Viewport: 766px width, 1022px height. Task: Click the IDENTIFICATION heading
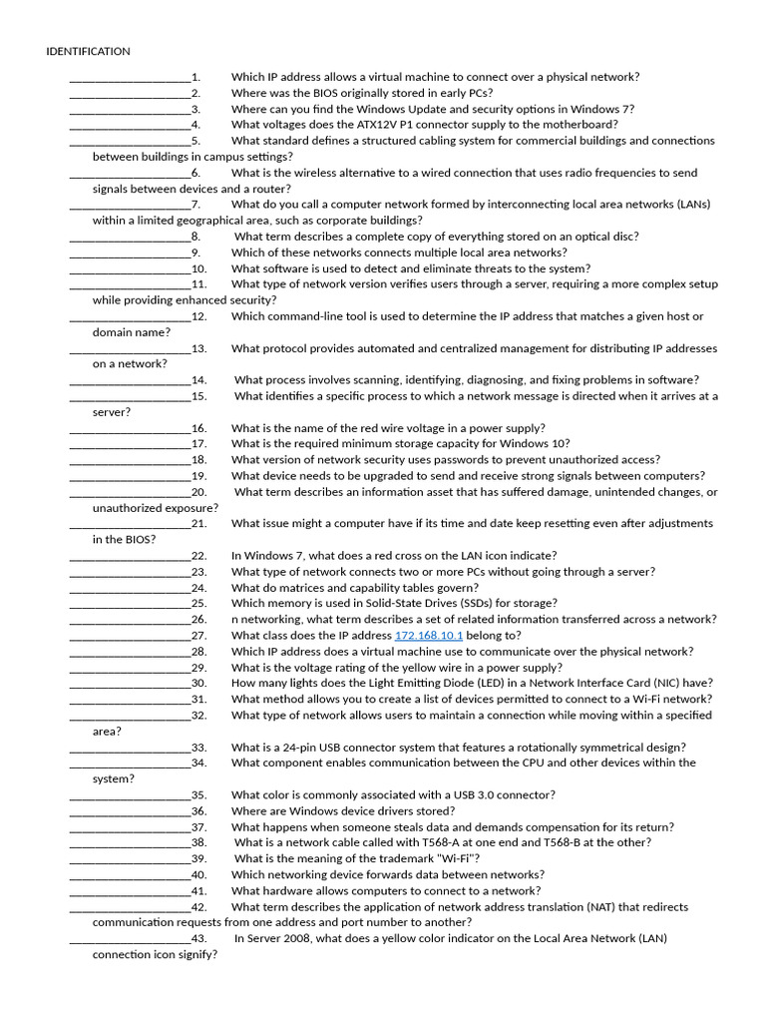click(88, 51)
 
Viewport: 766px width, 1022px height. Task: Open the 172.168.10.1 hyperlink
click(429, 636)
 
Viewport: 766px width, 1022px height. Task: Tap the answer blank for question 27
click(130, 636)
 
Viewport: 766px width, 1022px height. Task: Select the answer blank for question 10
click(130, 268)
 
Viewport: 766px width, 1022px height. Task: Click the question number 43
click(198, 938)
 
